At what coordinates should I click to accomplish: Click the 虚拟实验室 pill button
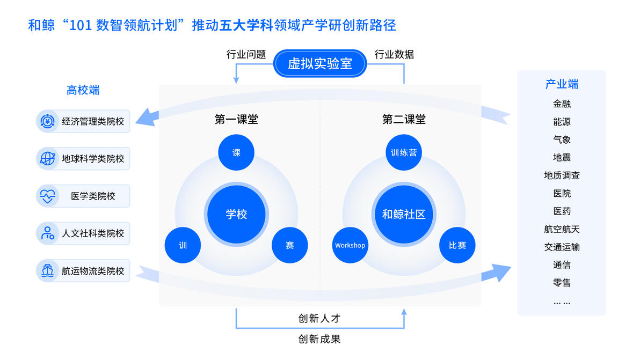click(319, 64)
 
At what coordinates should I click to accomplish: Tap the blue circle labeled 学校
click(236, 214)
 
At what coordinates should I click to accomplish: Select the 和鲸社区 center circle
click(404, 214)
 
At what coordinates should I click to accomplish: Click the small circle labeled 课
click(236, 152)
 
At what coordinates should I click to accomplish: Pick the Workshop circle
click(350, 245)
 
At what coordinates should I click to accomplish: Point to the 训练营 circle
click(404, 152)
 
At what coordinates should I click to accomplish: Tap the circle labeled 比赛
click(457, 245)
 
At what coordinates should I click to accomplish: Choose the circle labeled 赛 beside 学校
click(290, 245)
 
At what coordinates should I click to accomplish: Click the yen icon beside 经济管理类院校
click(47, 121)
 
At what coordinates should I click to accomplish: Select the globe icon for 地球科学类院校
click(47, 159)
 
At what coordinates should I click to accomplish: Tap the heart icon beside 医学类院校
click(47, 196)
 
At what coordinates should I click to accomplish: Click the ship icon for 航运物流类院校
click(47, 271)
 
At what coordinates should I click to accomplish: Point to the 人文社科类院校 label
click(93, 233)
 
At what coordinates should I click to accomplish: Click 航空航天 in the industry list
click(562, 229)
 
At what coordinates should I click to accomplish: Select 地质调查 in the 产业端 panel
click(562, 175)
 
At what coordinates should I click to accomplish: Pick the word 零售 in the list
click(562, 283)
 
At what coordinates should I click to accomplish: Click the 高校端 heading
click(83, 90)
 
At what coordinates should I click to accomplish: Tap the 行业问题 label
click(246, 55)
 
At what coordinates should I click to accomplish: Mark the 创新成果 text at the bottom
click(319, 339)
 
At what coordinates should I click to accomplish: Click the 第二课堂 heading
click(404, 120)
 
